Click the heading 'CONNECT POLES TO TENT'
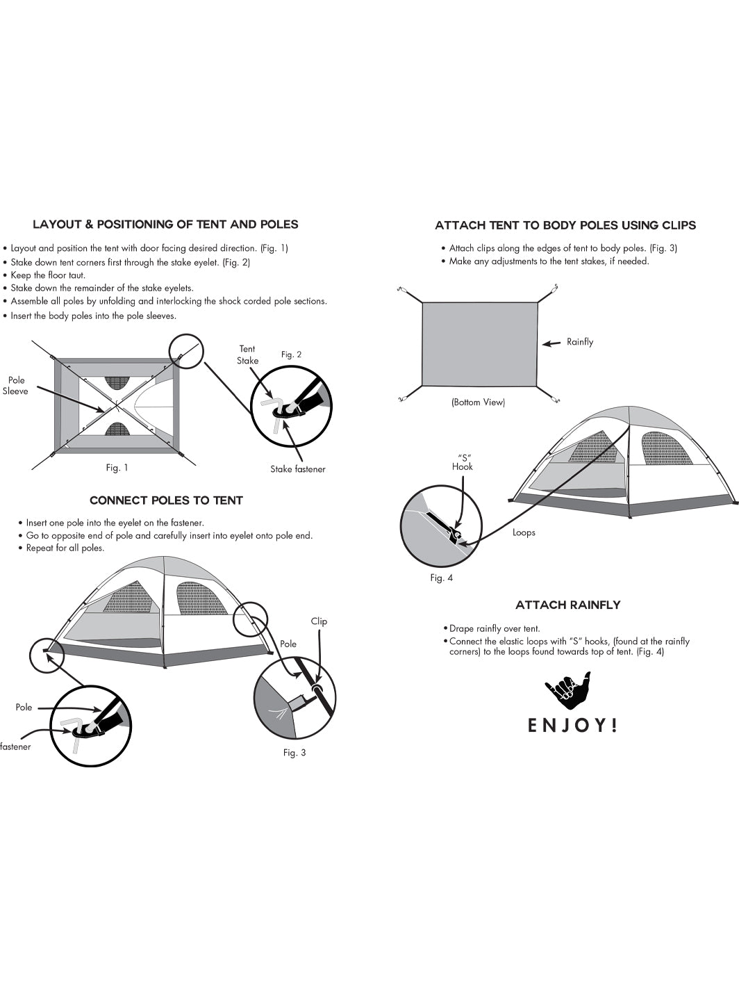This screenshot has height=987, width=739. [x=166, y=500]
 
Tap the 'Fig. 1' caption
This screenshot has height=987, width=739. [x=117, y=468]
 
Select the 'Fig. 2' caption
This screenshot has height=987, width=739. [x=291, y=354]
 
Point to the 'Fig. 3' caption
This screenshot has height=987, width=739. [x=294, y=753]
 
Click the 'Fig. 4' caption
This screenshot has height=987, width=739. [x=441, y=578]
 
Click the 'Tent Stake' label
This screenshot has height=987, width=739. [x=247, y=354]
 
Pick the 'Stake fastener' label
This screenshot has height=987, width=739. [x=297, y=469]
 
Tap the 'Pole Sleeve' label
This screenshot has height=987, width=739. [x=16, y=386]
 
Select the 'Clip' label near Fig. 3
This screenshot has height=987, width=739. [x=319, y=621]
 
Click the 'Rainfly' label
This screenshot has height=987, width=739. [x=580, y=342]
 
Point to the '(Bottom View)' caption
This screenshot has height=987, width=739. [x=478, y=402]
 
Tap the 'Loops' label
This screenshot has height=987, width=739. [x=524, y=532]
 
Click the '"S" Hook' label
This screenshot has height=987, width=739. [x=462, y=462]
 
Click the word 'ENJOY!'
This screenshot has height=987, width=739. [x=572, y=726]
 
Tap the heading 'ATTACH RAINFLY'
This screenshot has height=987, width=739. [x=567, y=605]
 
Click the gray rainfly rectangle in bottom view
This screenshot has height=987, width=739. [x=479, y=344]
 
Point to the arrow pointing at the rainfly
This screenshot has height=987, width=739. [x=551, y=343]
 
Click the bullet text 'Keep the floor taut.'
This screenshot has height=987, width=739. [x=48, y=275]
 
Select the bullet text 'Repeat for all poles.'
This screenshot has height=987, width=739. [x=65, y=548]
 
